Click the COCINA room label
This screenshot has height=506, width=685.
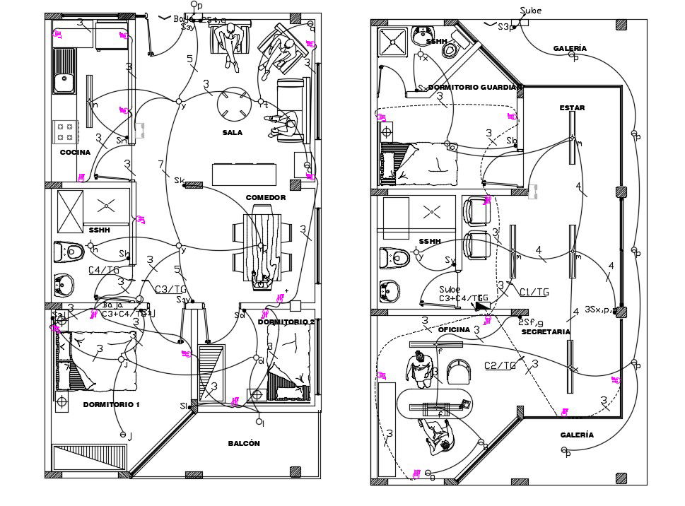pos(75,153)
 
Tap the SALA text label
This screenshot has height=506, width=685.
pos(233,133)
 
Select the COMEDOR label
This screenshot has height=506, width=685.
pos(265,198)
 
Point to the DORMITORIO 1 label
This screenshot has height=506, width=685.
pos(111,405)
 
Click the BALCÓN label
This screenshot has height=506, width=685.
pos(244,444)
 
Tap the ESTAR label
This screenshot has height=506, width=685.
pos(572,108)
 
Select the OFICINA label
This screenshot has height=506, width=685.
pos(454,330)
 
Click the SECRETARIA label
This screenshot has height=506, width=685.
pos(546,332)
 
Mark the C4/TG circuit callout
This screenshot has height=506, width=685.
pos(103,270)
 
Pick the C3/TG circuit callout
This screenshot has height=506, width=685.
pos(170,289)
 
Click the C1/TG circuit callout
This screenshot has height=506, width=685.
pos(534,291)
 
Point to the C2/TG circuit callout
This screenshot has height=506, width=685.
pos(499,365)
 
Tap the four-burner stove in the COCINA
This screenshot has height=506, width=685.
pos(66,131)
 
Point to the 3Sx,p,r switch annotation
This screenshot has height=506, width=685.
pos(601,310)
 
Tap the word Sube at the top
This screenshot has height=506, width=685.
pos(530,11)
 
